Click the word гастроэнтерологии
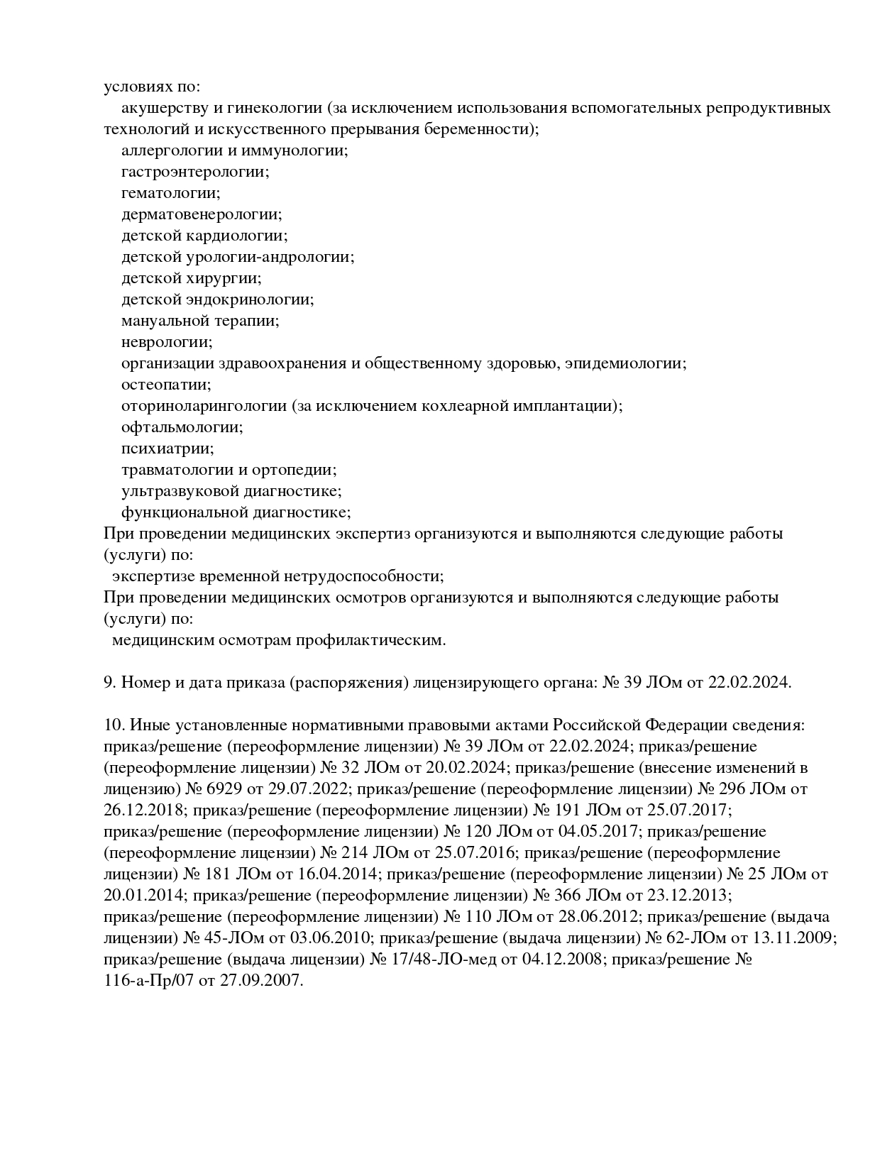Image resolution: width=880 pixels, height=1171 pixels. pos(194,172)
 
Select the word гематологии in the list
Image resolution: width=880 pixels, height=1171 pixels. pos(170,193)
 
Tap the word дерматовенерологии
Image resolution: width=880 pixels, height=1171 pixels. pos(201,214)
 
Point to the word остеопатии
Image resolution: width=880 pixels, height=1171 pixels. pos(166,385)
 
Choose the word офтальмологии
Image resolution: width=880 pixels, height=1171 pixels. pos(182,427)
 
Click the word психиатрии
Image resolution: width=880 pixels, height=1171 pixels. pos(167,449)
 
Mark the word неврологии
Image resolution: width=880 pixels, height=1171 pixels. pos(167,342)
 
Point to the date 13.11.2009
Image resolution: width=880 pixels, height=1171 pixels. pos(793,938)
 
